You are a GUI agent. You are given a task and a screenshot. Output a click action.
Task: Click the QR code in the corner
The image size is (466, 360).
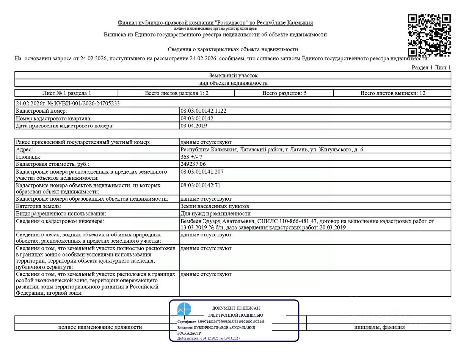click(429, 35)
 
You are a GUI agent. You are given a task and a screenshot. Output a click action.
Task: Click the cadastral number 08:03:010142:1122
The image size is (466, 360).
click(204, 111)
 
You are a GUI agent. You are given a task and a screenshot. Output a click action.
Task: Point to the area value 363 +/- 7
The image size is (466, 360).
click(191, 157)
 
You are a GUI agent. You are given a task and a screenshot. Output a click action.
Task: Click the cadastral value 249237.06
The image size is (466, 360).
click(193, 164)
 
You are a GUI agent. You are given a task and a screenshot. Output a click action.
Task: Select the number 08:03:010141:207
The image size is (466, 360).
click(202, 172)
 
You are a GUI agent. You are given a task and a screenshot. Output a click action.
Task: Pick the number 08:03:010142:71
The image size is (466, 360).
click(200, 186)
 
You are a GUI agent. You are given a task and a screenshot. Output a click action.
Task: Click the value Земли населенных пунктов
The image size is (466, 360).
click(215, 206)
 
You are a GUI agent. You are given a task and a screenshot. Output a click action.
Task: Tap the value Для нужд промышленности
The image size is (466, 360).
click(215, 214)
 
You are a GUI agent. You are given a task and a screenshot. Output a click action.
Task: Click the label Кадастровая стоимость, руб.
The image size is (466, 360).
click(53, 164)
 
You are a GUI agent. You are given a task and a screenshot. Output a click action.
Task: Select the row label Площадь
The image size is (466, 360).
click(28, 157)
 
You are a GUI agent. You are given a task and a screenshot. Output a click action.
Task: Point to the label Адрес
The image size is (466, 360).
click(24, 149)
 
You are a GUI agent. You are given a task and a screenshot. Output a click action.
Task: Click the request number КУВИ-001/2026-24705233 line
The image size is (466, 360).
click(68, 103)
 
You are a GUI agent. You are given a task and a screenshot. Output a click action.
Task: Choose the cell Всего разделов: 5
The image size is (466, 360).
click(284, 93)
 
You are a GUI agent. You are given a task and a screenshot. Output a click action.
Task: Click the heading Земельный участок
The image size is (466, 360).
click(233, 75)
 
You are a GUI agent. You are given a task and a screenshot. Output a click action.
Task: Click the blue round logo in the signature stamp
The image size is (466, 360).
click(184, 310)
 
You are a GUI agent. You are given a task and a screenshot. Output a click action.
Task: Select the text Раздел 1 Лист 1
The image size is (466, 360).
click(431, 68)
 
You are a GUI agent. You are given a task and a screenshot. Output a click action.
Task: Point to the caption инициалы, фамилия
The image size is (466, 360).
click(379, 327)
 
